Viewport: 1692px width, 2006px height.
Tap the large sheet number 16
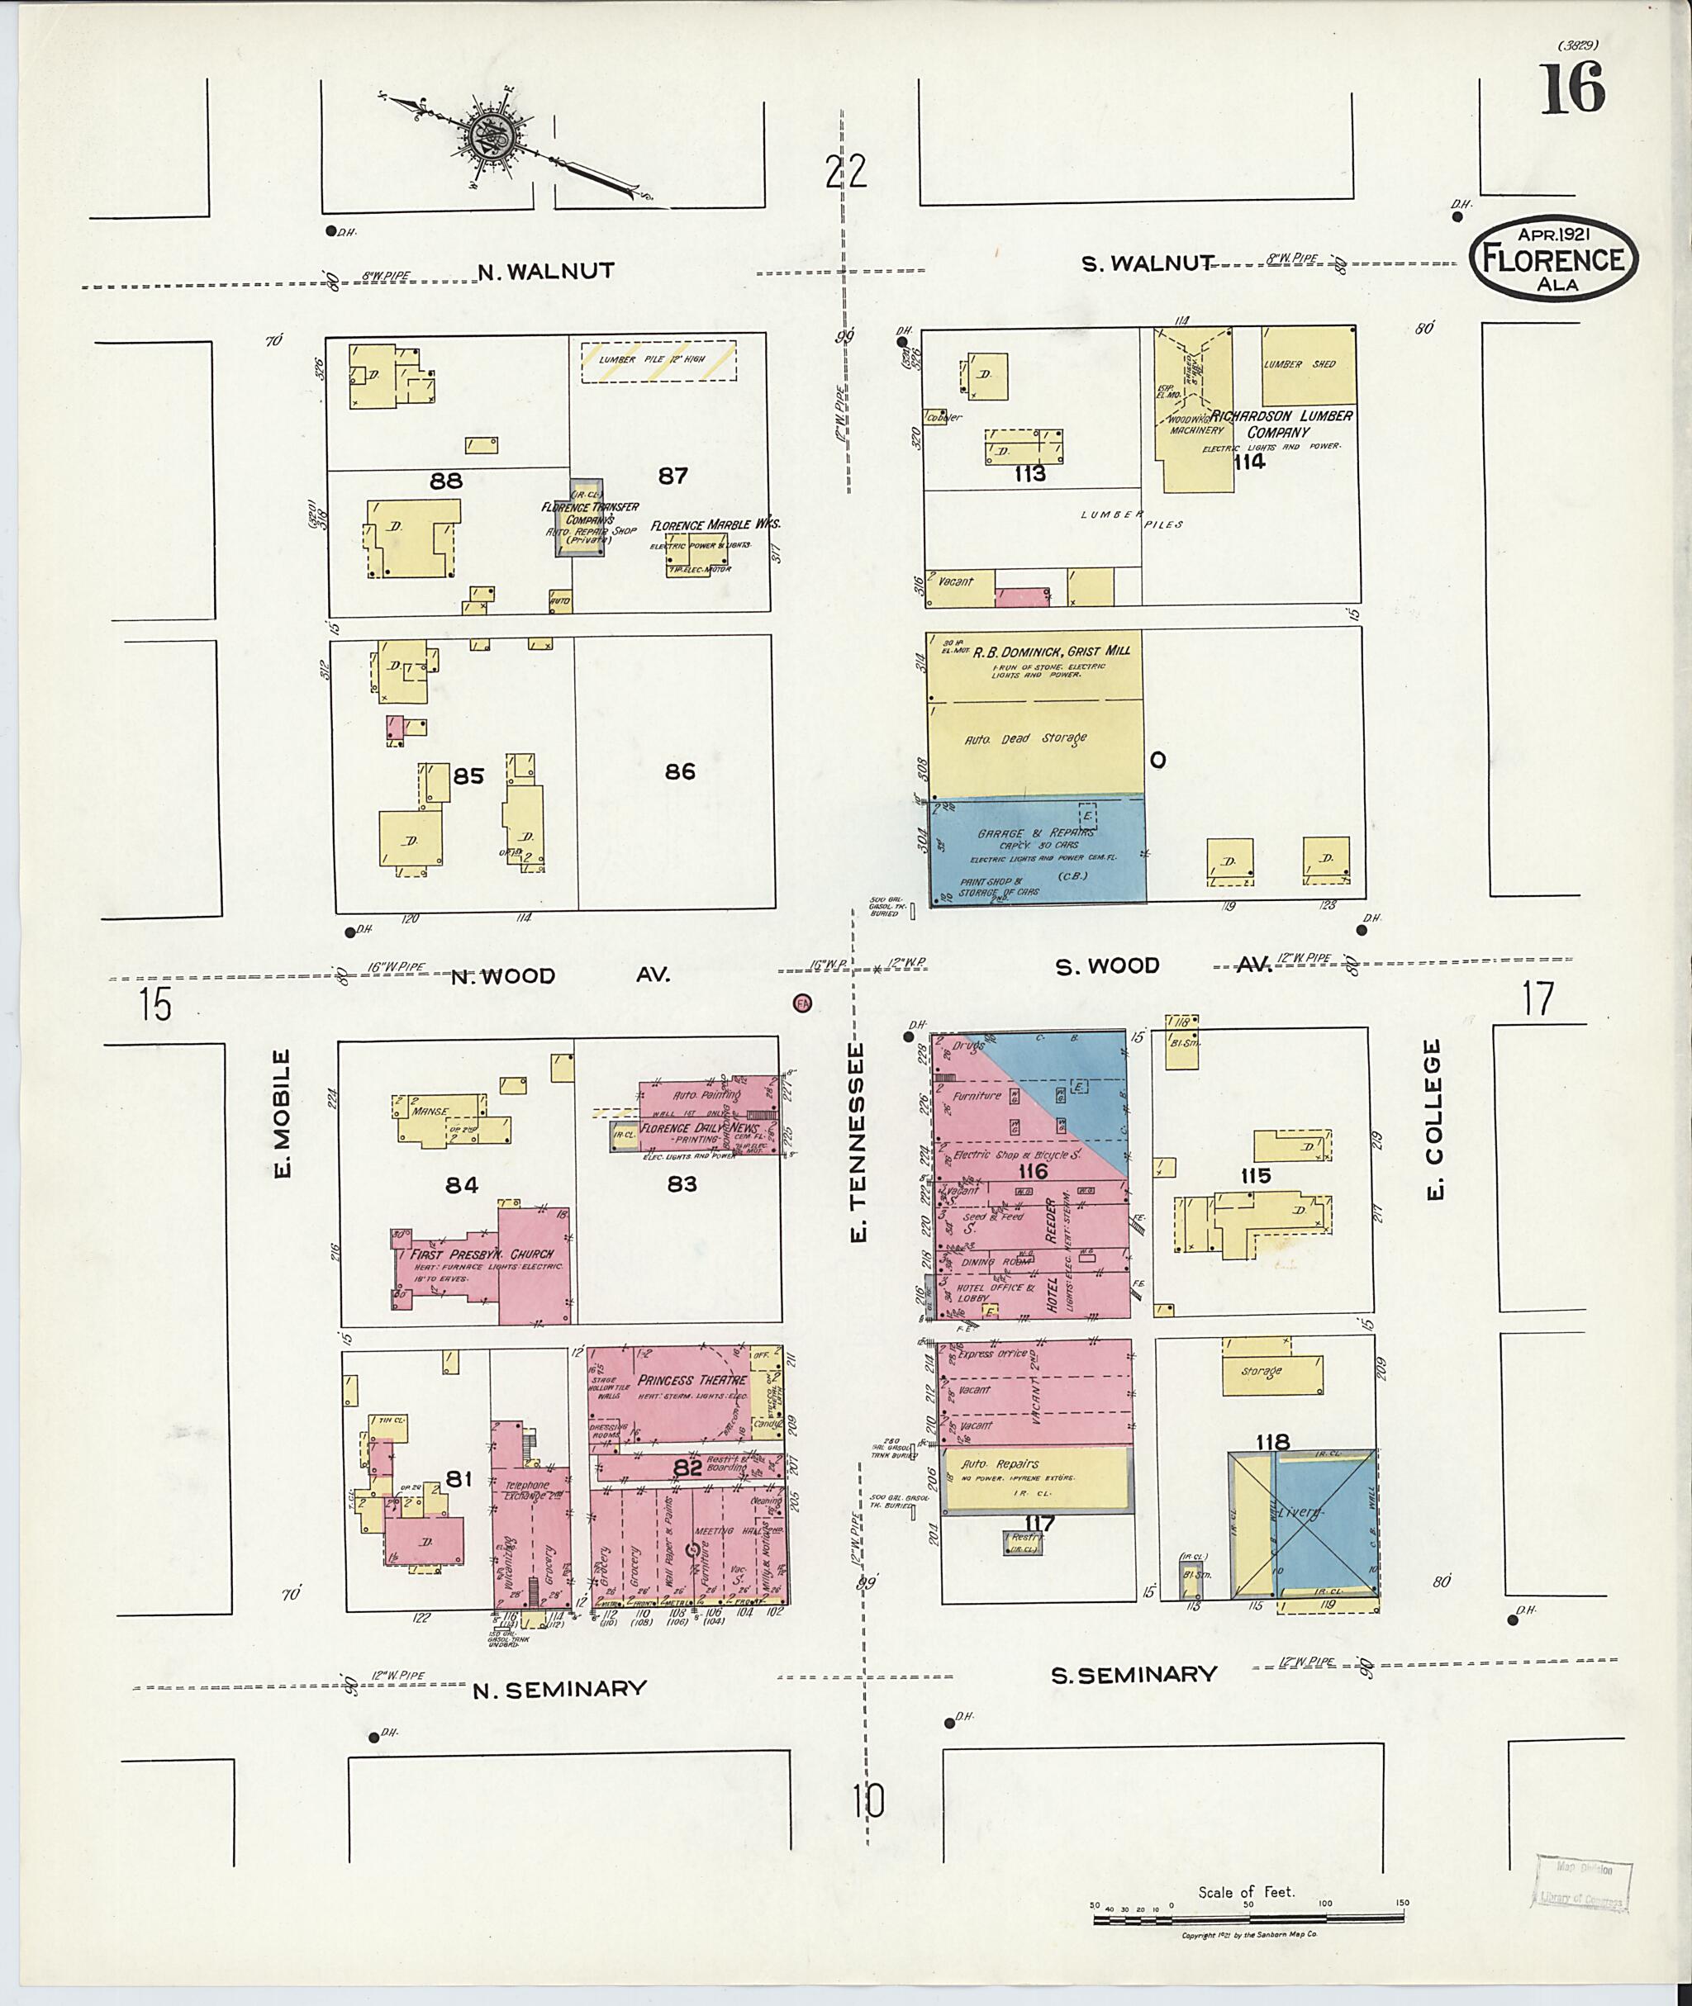(1572, 88)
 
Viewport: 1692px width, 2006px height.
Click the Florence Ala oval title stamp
(1553, 258)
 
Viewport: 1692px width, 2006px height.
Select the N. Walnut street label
(546, 272)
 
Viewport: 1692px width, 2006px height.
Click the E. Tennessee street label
(858, 1143)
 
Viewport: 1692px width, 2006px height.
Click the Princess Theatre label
(692, 1380)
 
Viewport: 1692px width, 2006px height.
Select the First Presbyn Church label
(482, 1254)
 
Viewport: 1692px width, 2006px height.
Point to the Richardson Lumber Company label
(1280, 424)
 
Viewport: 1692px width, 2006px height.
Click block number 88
(446, 481)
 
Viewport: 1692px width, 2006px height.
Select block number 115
(1255, 1175)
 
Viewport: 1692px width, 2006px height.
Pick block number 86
(680, 771)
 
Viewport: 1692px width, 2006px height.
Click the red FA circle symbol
(803, 1003)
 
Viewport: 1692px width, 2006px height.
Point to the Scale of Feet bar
(1247, 1916)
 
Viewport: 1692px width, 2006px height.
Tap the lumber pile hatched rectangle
(658, 361)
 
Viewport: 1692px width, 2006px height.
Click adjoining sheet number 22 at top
(846, 172)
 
